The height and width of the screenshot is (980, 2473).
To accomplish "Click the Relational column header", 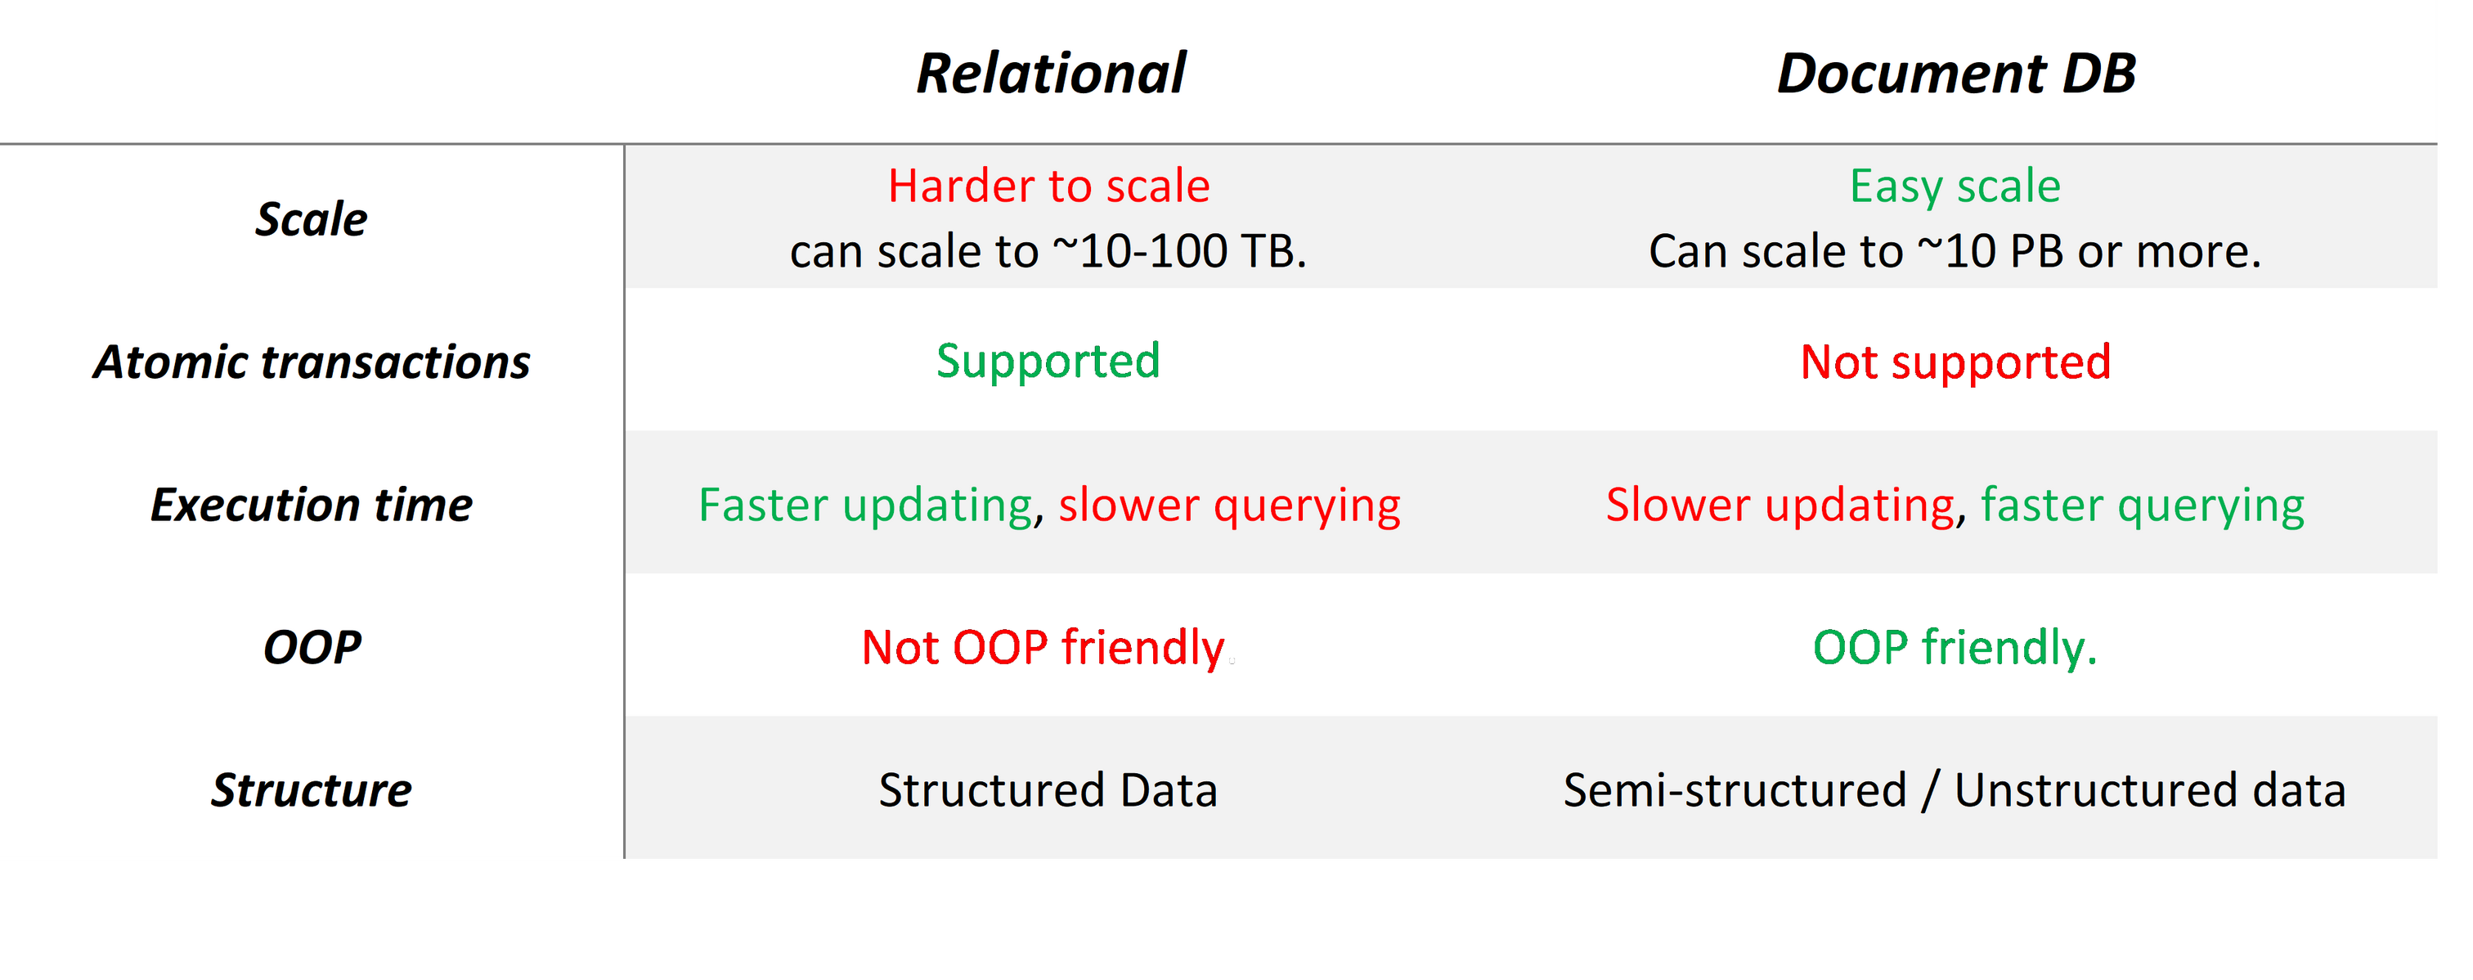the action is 1051,73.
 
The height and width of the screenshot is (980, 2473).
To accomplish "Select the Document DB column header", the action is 1956,73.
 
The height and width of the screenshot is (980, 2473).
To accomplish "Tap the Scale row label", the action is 311,219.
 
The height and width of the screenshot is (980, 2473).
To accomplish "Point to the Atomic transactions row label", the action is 311,362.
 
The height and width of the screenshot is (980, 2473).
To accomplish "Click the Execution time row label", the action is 311,505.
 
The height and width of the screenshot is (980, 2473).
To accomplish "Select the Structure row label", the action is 311,790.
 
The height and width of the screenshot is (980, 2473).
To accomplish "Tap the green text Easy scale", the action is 1955,187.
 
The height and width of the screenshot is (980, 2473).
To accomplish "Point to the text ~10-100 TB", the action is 1180,251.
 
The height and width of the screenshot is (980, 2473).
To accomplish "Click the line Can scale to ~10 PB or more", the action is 1955,251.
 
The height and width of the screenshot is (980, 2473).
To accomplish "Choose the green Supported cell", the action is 1048,362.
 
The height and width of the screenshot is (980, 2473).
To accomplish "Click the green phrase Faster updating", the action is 866,505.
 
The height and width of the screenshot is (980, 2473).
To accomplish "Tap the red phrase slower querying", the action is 1230,506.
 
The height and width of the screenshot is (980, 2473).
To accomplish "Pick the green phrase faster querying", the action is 2143,506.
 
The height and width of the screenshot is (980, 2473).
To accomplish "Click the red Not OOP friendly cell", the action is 1044,648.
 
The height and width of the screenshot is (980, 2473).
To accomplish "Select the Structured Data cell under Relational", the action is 1048,790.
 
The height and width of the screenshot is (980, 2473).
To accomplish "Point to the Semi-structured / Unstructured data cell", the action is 1955,790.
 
